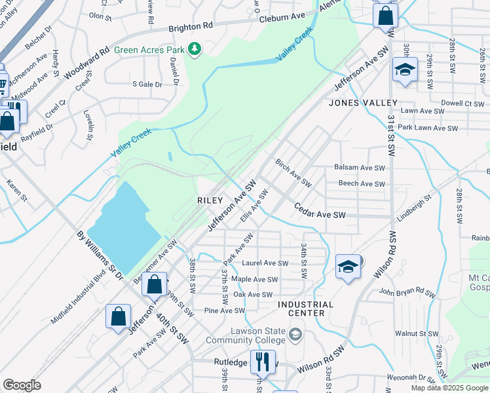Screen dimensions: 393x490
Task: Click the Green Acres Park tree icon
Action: click(x=194, y=49)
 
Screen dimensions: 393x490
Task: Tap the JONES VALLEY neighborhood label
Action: click(x=363, y=103)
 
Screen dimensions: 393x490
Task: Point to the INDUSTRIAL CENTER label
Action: click(x=305, y=309)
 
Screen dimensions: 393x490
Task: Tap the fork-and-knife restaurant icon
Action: click(x=264, y=361)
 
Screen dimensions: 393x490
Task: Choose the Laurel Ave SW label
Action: click(x=265, y=263)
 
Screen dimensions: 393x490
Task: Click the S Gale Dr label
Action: click(x=146, y=84)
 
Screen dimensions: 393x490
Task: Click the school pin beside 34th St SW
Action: click(x=349, y=266)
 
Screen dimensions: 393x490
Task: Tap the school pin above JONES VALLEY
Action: click(x=405, y=69)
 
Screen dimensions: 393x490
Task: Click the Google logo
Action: click(x=22, y=385)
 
